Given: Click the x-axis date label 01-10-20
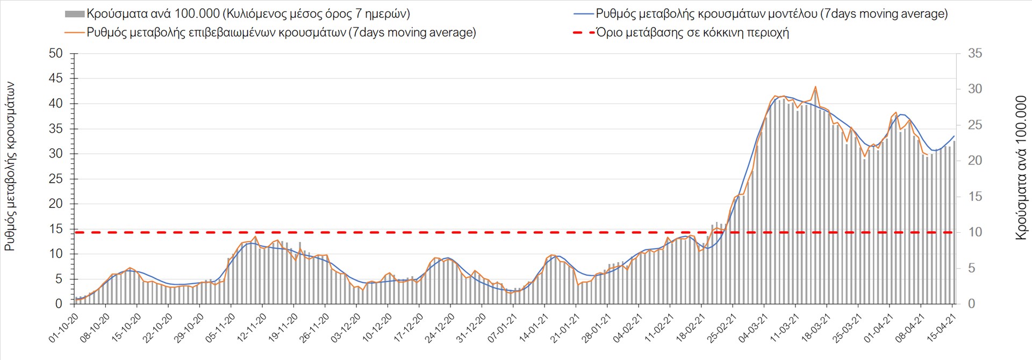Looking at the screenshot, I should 64,328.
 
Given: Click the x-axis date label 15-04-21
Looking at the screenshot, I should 941,328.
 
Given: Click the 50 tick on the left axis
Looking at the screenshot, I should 55,53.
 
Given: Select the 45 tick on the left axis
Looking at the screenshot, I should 55,78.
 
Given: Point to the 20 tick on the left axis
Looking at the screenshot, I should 55,204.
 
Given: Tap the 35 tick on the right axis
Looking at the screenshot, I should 975,53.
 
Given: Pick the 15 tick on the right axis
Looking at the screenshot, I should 975,197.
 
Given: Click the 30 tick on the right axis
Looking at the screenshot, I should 975,89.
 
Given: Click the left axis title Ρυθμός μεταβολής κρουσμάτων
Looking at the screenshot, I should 10,167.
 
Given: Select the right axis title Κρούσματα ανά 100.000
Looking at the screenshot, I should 1021,168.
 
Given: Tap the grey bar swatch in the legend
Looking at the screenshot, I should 75,14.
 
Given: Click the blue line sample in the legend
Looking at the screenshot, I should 584,14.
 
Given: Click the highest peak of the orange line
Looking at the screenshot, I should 815,87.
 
